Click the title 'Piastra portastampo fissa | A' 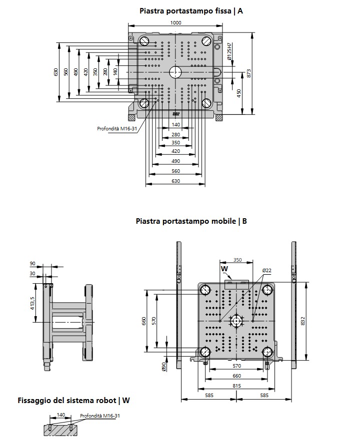[191, 10]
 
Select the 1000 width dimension [175, 22]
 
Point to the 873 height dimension [248, 73]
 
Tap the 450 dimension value [239, 93]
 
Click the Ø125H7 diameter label [229, 52]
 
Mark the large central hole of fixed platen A [175, 72]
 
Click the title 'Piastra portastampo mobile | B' [191, 221]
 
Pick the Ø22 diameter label [267, 270]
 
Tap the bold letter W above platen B [224, 268]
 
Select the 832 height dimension [302, 320]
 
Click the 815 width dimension [236, 386]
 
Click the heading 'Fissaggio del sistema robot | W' [73, 400]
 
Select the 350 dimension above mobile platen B [237, 260]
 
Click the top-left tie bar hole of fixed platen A [144, 41]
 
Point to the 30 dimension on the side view [33, 274]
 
